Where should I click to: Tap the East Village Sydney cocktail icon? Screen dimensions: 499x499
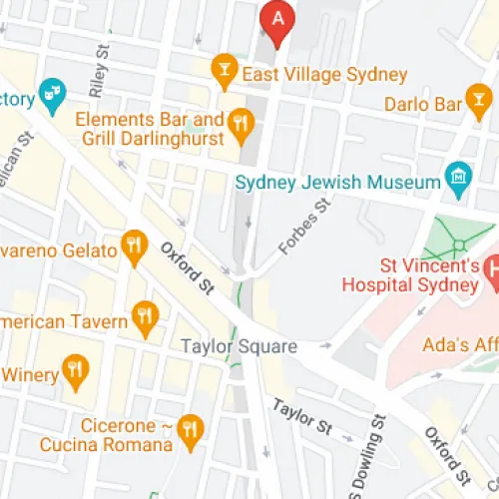(225, 68)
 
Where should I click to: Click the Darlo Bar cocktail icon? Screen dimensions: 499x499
(480, 101)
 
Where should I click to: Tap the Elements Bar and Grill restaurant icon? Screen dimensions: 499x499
(239, 124)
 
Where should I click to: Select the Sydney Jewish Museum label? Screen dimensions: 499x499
(337, 183)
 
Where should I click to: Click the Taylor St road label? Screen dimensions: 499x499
(301, 416)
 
